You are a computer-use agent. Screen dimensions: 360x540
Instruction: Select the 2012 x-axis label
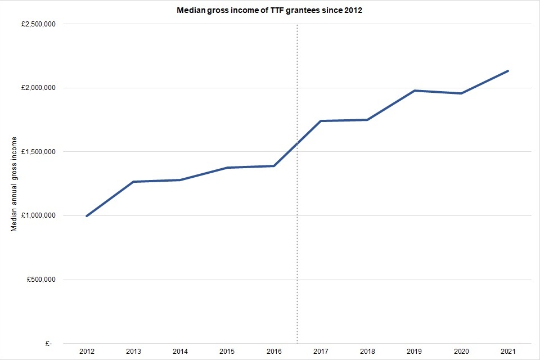[x=87, y=352]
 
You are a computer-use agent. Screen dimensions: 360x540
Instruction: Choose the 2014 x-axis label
[x=180, y=352]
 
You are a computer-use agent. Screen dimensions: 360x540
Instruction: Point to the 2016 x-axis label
[x=274, y=352]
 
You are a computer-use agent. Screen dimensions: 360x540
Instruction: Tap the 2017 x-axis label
[x=321, y=352]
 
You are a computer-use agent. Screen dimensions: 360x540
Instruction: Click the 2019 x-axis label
[x=415, y=352]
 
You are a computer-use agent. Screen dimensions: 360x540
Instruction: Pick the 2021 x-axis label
[x=508, y=352]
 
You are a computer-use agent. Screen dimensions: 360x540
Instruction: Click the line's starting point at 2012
[x=87, y=216]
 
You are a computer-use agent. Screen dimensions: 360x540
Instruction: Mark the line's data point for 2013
[x=133, y=182]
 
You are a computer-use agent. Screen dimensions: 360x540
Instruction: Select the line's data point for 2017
[x=321, y=121]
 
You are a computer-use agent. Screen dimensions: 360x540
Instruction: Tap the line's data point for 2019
[x=415, y=91]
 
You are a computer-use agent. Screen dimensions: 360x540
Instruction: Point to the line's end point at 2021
[x=508, y=71]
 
